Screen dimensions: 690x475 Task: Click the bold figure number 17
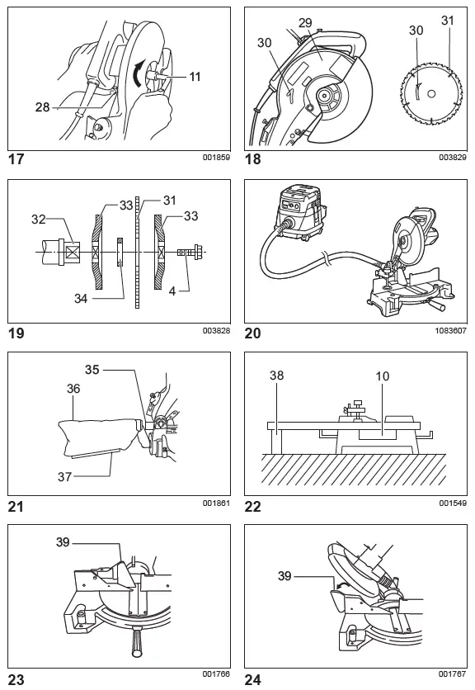point(16,159)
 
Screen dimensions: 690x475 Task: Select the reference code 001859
point(215,156)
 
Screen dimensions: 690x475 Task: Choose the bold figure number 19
point(16,333)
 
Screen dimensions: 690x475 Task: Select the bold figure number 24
point(253,680)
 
